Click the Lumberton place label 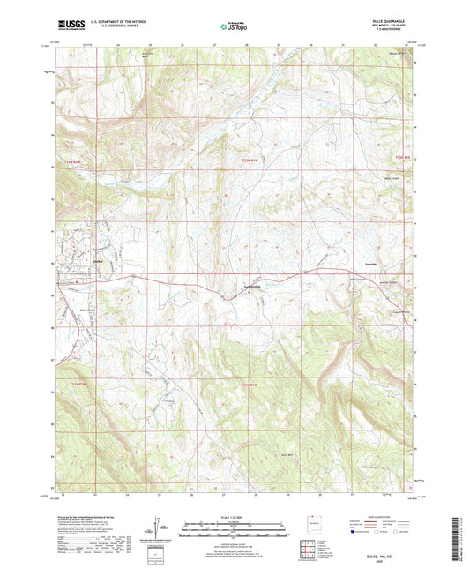[x=250, y=285]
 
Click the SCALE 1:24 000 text [x=235, y=518]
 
